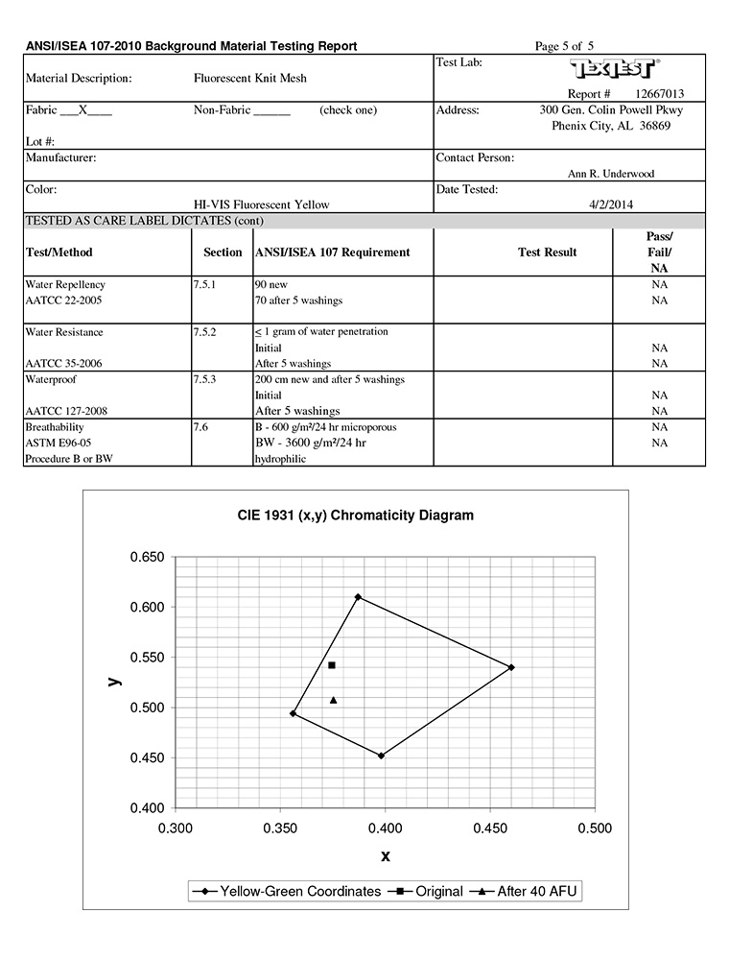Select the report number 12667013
tap(660, 94)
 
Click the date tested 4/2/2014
tap(611, 204)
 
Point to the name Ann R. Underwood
tap(611, 174)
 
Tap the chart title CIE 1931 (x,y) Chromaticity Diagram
tap(356, 516)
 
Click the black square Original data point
tap(332, 665)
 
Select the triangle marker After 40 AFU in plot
tap(333, 700)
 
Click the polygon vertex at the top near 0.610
tap(358, 597)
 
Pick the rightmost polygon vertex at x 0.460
tap(511, 667)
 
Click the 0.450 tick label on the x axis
tap(490, 828)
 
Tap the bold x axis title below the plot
tap(386, 855)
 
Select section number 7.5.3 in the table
tap(206, 379)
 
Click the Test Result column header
tap(547, 252)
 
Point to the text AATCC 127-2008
tap(65, 411)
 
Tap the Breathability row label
tap(55, 427)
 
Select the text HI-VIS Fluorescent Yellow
tap(261, 204)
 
